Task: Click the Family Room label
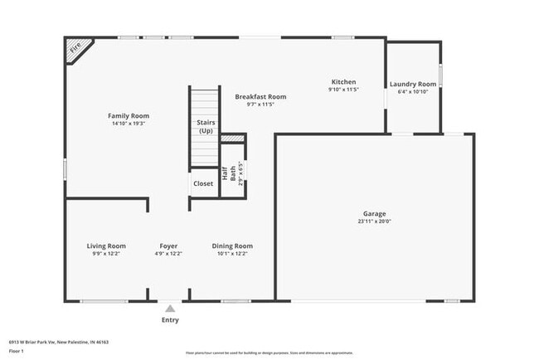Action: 129,115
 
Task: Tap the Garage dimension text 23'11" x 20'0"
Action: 374,221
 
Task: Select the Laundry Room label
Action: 413,84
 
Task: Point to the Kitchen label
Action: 343,82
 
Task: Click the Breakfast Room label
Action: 260,96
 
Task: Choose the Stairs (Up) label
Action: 206,126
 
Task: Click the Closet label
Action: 203,183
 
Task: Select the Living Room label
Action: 106,246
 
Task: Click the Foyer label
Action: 169,246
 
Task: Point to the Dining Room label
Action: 232,246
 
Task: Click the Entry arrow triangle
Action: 169,308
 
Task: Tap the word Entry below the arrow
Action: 169,319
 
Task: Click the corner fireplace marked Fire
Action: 76,48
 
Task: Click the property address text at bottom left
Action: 59,341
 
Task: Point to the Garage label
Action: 374,213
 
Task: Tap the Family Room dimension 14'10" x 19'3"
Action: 129,124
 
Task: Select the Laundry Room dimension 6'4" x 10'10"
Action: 413,92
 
